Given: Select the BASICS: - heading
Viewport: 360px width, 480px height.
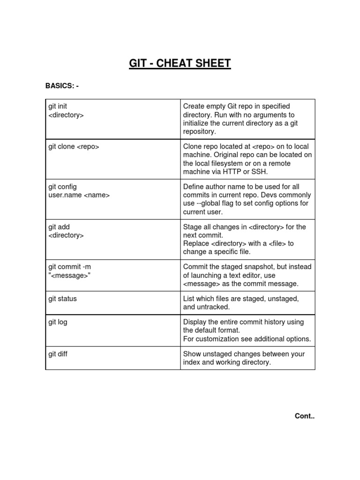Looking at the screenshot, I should tap(65, 85).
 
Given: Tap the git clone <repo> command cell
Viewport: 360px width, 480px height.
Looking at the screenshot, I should tap(74, 147).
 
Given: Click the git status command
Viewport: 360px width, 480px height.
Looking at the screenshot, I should tap(62, 299).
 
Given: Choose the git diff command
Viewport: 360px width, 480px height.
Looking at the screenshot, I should tap(58, 354).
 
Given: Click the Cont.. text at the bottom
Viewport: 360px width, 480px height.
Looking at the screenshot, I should tap(304, 416).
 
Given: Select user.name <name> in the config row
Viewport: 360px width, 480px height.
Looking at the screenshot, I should tap(79, 195).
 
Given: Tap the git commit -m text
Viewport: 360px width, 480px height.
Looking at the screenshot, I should tap(70, 267).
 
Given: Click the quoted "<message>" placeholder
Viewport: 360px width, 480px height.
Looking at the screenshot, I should tap(68, 275).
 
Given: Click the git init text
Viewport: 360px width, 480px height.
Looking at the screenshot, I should tap(58, 107).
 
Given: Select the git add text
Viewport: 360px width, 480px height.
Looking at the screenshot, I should tap(59, 227).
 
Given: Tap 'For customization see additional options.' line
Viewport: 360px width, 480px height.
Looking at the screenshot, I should tap(247, 339).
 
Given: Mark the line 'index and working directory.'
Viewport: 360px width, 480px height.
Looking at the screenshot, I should tap(227, 362).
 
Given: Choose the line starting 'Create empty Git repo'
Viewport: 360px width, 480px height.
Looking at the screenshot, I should tap(236, 106).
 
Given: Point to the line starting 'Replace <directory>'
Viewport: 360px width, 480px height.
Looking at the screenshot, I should tap(238, 243).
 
